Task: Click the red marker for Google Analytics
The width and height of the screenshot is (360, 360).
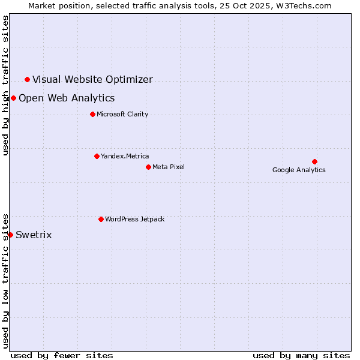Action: click(314, 161)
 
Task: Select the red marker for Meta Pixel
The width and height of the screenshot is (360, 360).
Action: click(148, 167)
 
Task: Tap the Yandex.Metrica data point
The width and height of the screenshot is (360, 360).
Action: click(97, 156)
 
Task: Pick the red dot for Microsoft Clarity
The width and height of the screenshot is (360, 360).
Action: click(92, 114)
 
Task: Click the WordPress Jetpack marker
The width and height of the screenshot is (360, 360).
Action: click(101, 219)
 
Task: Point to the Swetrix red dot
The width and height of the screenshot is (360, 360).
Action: click(10, 235)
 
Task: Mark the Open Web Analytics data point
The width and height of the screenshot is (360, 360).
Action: click(13, 98)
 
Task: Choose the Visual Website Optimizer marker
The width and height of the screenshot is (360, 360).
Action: click(27, 79)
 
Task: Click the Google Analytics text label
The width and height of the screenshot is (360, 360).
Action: click(299, 170)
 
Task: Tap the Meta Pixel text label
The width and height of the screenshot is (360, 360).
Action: click(169, 167)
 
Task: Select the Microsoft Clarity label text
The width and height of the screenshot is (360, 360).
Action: click(122, 114)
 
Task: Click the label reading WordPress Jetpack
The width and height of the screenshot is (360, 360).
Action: click(134, 219)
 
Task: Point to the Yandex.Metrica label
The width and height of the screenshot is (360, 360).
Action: click(125, 156)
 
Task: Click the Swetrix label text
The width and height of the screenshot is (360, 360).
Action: click(34, 235)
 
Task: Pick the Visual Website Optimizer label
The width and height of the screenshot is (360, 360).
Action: click(92, 79)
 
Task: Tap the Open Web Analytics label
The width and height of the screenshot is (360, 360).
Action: click(67, 98)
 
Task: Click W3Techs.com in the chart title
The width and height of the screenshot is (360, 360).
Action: click(305, 5)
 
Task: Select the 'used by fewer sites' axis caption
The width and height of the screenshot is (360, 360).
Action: click(62, 355)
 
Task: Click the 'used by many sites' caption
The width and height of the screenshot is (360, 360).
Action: click(301, 355)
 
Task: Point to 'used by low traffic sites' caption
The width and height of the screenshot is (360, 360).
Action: click(5, 281)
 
